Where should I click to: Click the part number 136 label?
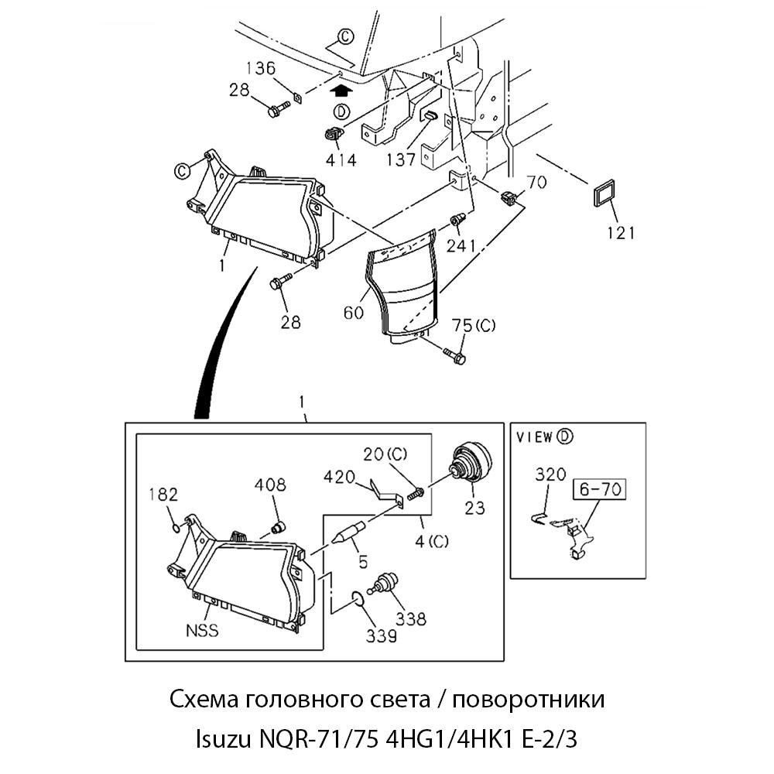(x=261, y=67)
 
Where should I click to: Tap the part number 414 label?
(x=341, y=160)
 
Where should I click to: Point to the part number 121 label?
(x=620, y=232)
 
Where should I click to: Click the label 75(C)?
(x=474, y=325)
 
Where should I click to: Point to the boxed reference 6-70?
(x=598, y=490)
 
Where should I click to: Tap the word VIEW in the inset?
(x=535, y=437)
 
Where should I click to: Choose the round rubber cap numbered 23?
(x=471, y=461)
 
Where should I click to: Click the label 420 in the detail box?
(x=340, y=475)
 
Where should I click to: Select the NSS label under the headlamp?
(x=201, y=630)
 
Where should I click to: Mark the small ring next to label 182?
(x=176, y=529)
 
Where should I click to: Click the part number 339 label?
(x=382, y=635)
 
